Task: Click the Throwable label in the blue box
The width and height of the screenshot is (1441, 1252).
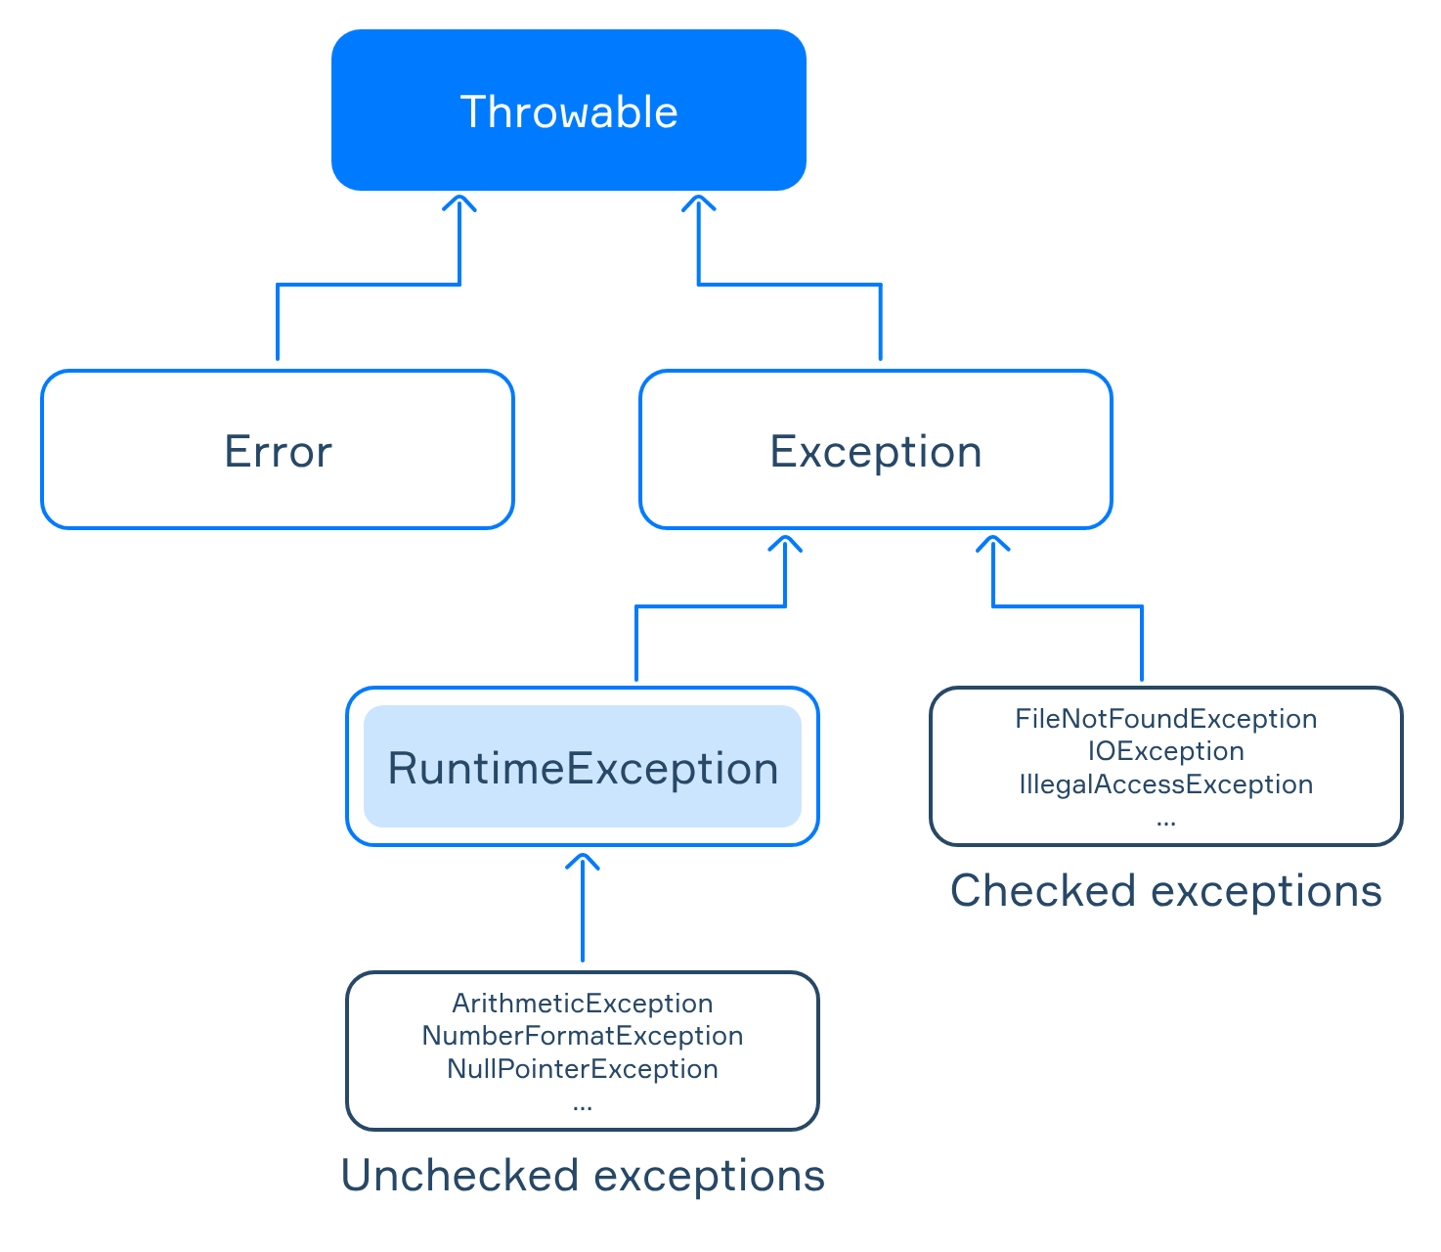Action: click(x=568, y=112)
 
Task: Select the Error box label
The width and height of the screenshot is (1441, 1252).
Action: click(x=278, y=451)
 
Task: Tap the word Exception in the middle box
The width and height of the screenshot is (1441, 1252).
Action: click(x=875, y=452)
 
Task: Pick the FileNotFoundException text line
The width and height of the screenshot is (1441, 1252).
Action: click(x=1165, y=719)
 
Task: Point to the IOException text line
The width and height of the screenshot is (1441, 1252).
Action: click(x=1165, y=751)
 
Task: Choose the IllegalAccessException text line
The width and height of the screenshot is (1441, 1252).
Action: click(x=1165, y=784)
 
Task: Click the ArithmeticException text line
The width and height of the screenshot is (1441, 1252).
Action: click(x=583, y=1003)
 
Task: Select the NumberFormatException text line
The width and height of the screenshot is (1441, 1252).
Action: click(x=583, y=1036)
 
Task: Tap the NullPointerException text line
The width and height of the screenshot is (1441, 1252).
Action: click(x=583, y=1069)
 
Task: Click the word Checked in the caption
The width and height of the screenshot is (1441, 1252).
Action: click(x=1043, y=890)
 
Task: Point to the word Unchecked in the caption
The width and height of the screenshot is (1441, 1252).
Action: click(x=459, y=1175)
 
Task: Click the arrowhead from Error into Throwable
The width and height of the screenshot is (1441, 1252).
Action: click(x=459, y=202)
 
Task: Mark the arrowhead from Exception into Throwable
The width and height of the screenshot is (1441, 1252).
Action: click(x=699, y=202)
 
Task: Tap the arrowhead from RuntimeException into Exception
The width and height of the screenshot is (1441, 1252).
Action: click(x=785, y=543)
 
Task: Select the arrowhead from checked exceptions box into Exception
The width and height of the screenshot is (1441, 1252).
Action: click(x=993, y=543)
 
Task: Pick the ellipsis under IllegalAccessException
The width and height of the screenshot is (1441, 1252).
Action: click(x=1165, y=823)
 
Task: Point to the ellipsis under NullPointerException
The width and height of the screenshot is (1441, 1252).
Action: click(x=583, y=1108)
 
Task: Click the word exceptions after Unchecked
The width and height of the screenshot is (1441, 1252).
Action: click(x=709, y=1177)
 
